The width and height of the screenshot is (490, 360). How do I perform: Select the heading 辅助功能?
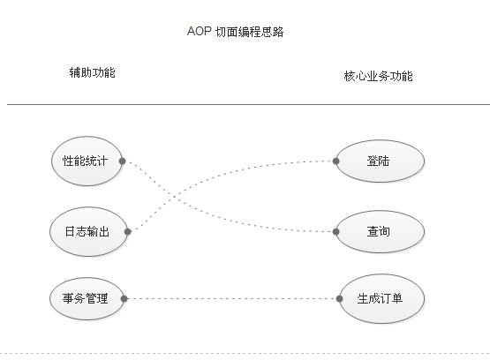coord(93,72)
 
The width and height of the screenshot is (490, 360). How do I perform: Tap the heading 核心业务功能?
coord(378,76)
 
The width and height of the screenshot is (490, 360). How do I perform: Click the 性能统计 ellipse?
coord(86,161)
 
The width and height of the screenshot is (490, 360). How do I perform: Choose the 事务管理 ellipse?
coord(86,298)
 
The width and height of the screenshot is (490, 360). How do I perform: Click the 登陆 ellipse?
coord(380,161)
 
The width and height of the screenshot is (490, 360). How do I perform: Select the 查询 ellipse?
coord(380,232)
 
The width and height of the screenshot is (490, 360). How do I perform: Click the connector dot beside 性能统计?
coord(122,161)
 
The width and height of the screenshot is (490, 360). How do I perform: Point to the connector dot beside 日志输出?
coord(129,232)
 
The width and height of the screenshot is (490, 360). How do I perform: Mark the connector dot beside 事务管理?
coord(124,298)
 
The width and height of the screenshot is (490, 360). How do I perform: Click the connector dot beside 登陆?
coord(336,161)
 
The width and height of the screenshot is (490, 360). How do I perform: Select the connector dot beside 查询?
coord(336,232)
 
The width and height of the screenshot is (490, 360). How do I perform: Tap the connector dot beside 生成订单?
coord(341,298)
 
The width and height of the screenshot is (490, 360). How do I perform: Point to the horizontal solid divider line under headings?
coord(247,104)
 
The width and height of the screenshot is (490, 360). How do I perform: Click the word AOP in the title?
coord(199,32)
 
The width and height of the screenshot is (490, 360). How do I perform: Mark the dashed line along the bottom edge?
coord(247,354)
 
